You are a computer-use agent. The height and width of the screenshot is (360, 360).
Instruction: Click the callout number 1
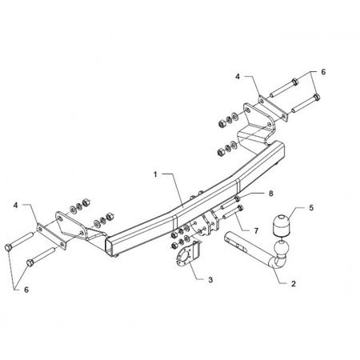(x=155, y=174)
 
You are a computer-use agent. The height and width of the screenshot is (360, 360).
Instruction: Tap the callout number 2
(x=294, y=284)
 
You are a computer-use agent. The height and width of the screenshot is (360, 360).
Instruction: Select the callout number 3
(x=210, y=280)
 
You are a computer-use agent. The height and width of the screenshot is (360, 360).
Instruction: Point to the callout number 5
(x=311, y=208)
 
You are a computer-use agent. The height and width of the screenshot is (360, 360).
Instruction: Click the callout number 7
(x=256, y=230)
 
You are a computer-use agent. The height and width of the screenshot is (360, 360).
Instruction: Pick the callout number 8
(x=271, y=194)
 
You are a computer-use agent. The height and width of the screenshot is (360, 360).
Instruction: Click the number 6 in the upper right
(x=323, y=72)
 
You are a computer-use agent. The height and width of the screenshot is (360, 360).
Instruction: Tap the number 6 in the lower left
(x=26, y=290)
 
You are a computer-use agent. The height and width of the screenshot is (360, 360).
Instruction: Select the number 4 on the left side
(x=16, y=206)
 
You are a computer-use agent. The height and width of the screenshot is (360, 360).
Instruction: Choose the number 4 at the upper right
(x=238, y=77)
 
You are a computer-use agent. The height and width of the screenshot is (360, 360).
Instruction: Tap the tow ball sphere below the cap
(x=282, y=247)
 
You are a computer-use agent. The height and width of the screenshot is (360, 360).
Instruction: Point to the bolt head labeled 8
(x=237, y=198)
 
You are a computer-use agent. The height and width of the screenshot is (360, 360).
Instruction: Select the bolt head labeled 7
(x=240, y=208)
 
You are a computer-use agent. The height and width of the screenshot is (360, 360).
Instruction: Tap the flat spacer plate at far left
(x=51, y=236)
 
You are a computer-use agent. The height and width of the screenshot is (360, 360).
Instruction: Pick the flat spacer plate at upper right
(x=273, y=109)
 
